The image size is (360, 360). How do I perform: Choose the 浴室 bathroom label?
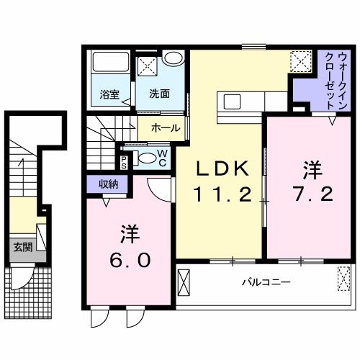click(110, 93)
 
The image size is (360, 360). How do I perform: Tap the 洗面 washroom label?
click(159, 93)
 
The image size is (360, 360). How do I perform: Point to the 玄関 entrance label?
click(22, 247)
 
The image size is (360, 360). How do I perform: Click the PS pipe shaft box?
click(125, 160)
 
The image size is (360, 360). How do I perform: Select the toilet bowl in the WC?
click(145, 158)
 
